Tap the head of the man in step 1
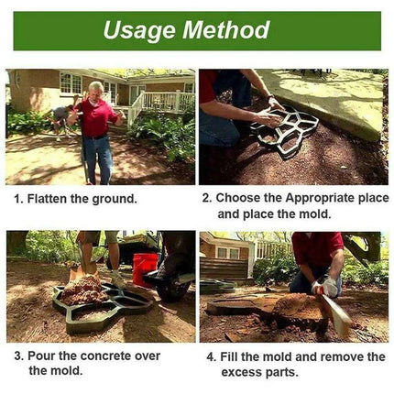coord(95,90)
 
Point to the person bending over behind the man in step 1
coord(61,118)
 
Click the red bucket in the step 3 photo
coord(144,268)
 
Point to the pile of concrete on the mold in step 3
coord(87,291)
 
